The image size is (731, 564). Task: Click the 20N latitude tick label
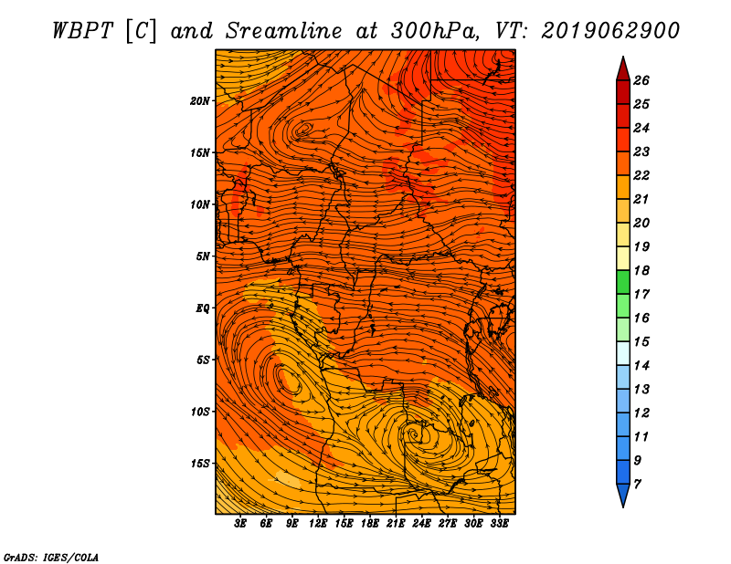pos(200,101)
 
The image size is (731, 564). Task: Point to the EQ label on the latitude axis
pos(203,308)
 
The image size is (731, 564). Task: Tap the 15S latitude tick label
pos(200,464)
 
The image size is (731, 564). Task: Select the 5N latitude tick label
pos(203,256)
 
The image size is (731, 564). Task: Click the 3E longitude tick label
pos(240,524)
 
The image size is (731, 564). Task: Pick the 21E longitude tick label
pos(396,524)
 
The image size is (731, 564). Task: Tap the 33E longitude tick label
pos(499,524)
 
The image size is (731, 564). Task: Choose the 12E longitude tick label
pos(318,524)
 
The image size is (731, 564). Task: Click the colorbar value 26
pos(641,80)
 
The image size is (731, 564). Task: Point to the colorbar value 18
pos(641,270)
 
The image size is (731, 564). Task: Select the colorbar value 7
pos(637,485)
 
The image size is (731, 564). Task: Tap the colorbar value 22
pos(641,175)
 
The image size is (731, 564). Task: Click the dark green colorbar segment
pos(623,282)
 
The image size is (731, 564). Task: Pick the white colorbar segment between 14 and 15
pos(623,353)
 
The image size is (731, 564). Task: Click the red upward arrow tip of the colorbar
pos(623,57)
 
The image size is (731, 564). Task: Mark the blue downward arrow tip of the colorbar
pos(623,507)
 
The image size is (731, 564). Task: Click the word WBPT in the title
pos(82,31)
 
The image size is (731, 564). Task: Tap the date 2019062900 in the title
pos(610,31)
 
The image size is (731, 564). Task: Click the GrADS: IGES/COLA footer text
pos(51,558)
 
